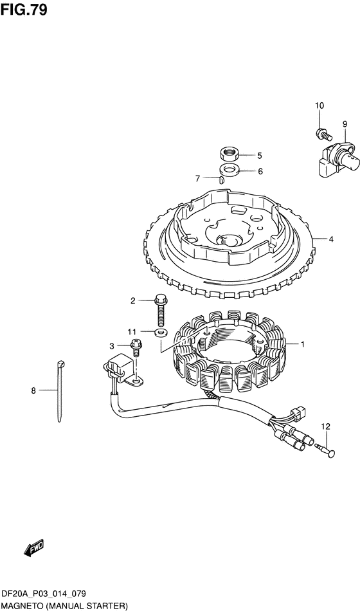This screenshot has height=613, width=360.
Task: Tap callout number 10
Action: [319, 105]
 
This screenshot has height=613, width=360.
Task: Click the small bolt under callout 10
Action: [323, 134]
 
